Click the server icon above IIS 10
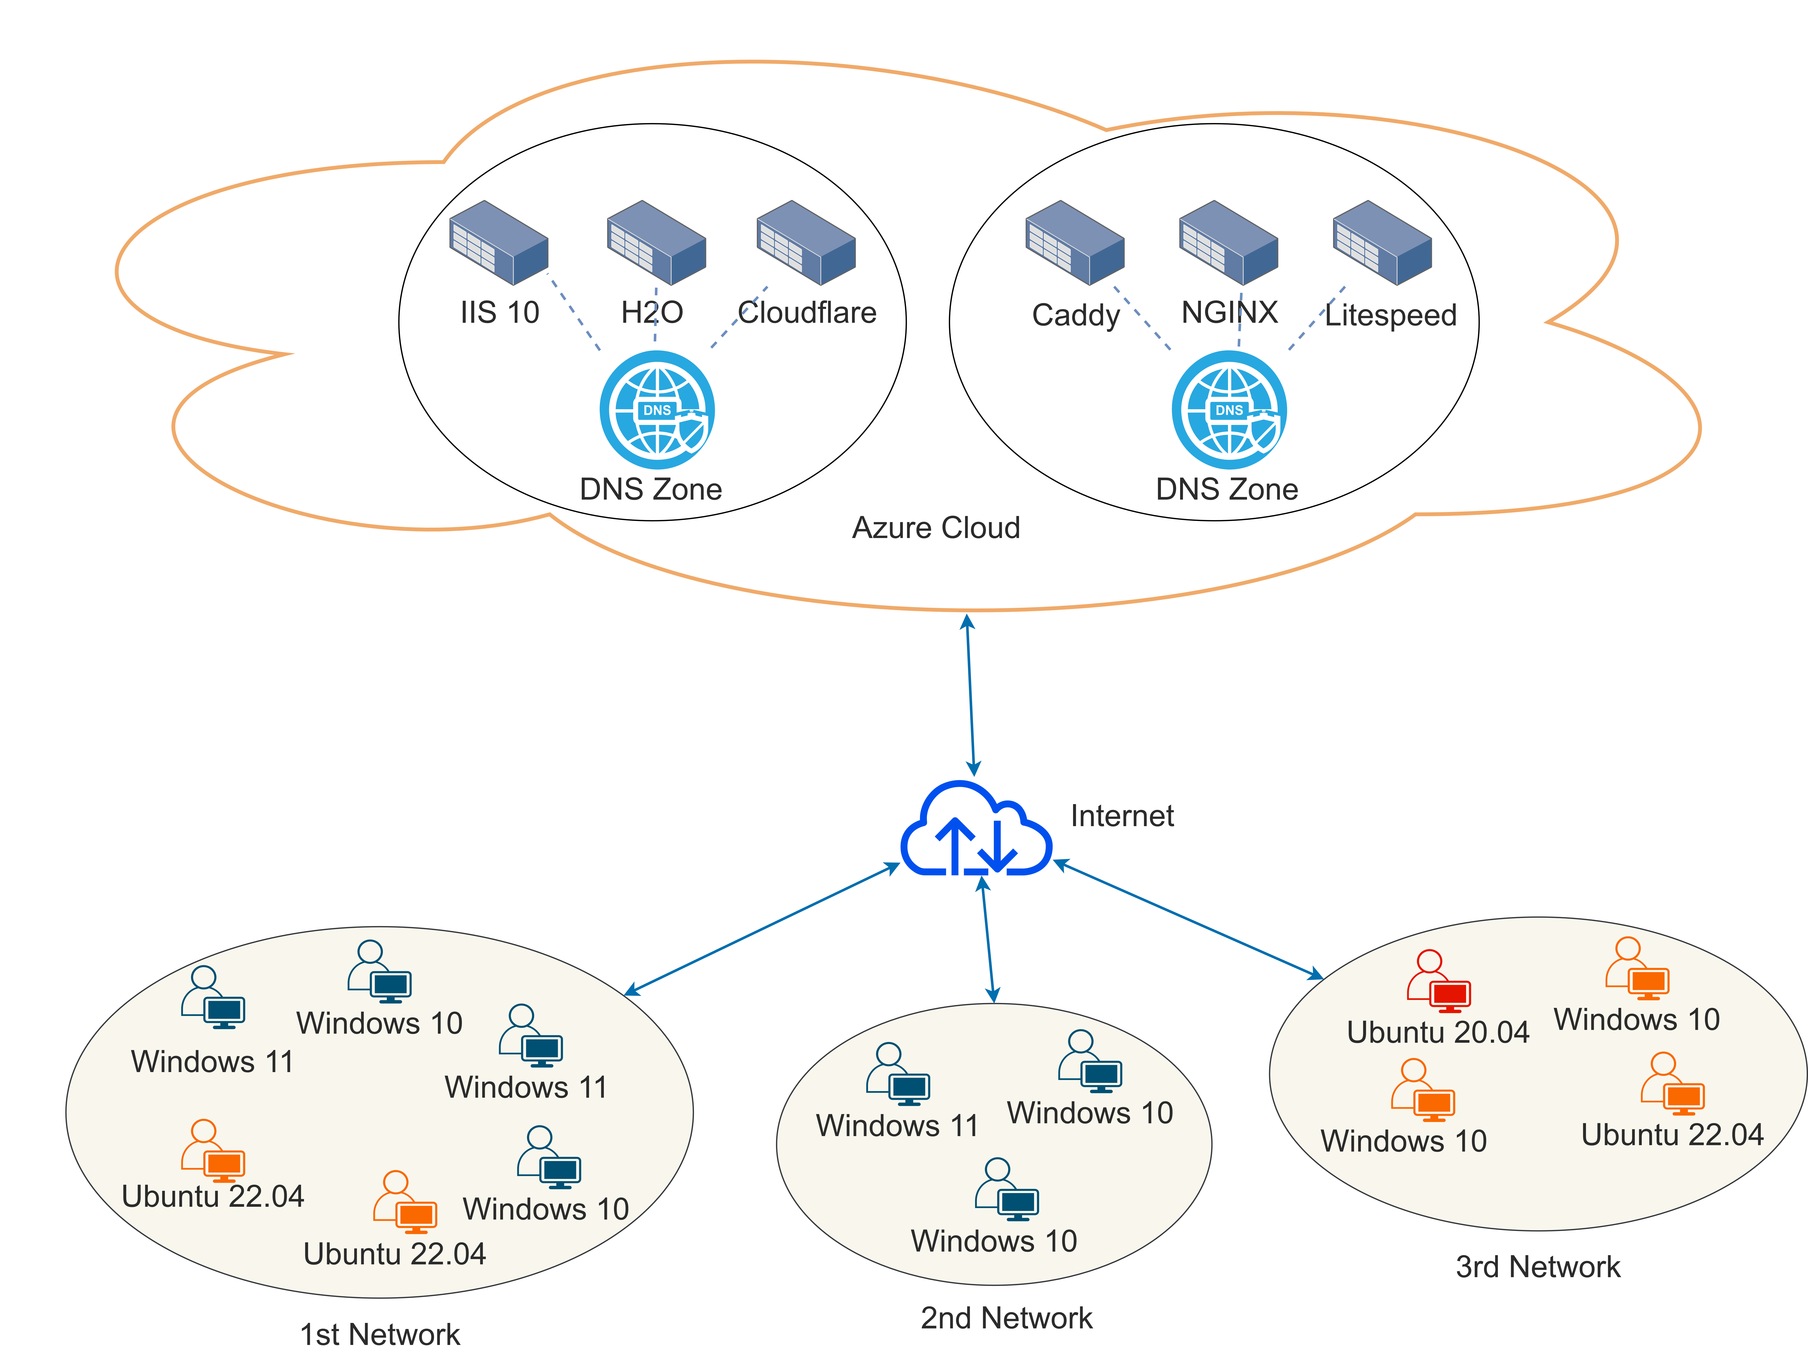coord(499,243)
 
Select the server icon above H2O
coord(656,243)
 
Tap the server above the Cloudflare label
coord(806,243)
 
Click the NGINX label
coord(1229,312)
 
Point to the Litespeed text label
coord(1390,315)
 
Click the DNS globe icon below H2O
coord(657,410)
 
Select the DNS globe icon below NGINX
coord(1229,410)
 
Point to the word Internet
coord(1122,816)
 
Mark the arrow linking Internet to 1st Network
coord(762,929)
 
